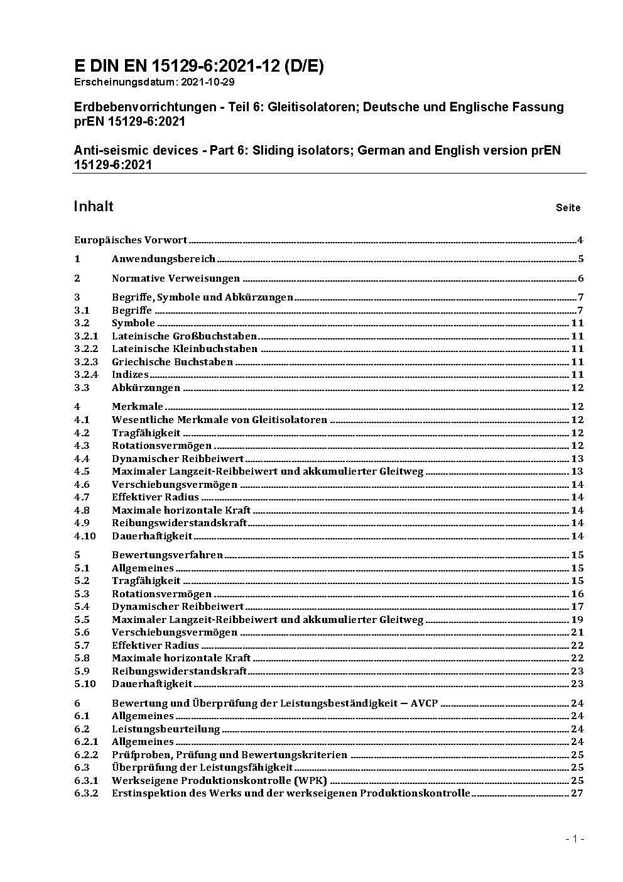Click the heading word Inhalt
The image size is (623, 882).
click(x=94, y=207)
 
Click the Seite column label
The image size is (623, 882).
click(x=568, y=207)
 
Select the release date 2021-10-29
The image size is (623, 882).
click(x=209, y=82)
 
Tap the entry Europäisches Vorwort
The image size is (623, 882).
click(x=131, y=240)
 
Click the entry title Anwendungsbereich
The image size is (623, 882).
click(x=163, y=259)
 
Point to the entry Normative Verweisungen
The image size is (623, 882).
click(x=176, y=278)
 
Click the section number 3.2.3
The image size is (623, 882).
click(x=86, y=362)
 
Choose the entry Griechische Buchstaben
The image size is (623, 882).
click(x=172, y=362)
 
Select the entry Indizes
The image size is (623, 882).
click(x=130, y=375)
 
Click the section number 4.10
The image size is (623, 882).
click(x=85, y=536)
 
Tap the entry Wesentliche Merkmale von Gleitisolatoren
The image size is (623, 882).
click(x=219, y=420)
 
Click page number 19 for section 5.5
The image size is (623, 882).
click(x=577, y=620)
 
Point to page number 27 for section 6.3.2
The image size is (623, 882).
click(x=577, y=793)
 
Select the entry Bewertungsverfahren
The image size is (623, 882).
click(x=167, y=555)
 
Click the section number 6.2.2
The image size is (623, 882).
click(x=86, y=755)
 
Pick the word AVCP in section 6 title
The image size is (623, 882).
click(x=424, y=703)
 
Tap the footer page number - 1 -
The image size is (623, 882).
click(x=574, y=839)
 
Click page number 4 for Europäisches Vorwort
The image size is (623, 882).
click(x=580, y=240)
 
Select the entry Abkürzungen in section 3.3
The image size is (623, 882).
click(x=146, y=388)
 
